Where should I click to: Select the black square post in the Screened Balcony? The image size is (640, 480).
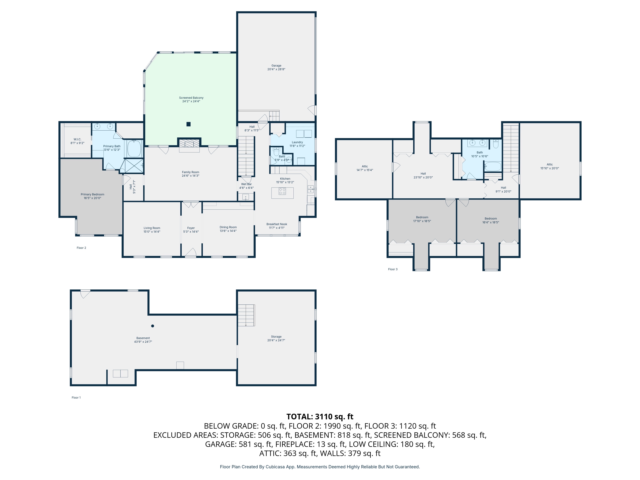point(188,124)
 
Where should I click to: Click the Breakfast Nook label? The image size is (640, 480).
point(277,224)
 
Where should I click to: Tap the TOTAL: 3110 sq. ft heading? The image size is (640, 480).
point(320,417)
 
